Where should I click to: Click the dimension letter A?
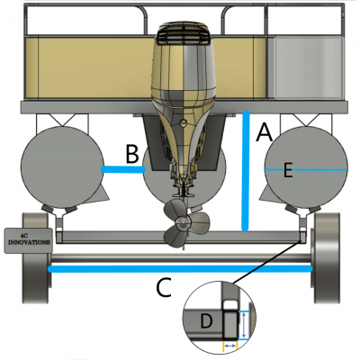265,132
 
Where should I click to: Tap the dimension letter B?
132,154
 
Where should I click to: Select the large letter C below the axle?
164,287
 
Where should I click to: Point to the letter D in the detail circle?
206,321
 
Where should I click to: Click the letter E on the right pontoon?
287,170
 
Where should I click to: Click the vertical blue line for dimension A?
246,171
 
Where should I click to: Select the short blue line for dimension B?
123,170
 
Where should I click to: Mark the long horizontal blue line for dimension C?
180,269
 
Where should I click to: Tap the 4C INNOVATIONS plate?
29,240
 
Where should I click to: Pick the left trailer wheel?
35,257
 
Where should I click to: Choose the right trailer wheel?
327,257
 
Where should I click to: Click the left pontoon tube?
62,167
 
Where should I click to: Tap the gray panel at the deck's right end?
308,68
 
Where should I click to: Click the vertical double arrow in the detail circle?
245,325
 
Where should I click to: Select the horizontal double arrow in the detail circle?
230,346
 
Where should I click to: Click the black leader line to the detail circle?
266,262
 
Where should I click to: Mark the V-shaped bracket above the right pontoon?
306,120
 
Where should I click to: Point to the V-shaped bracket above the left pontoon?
62,120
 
